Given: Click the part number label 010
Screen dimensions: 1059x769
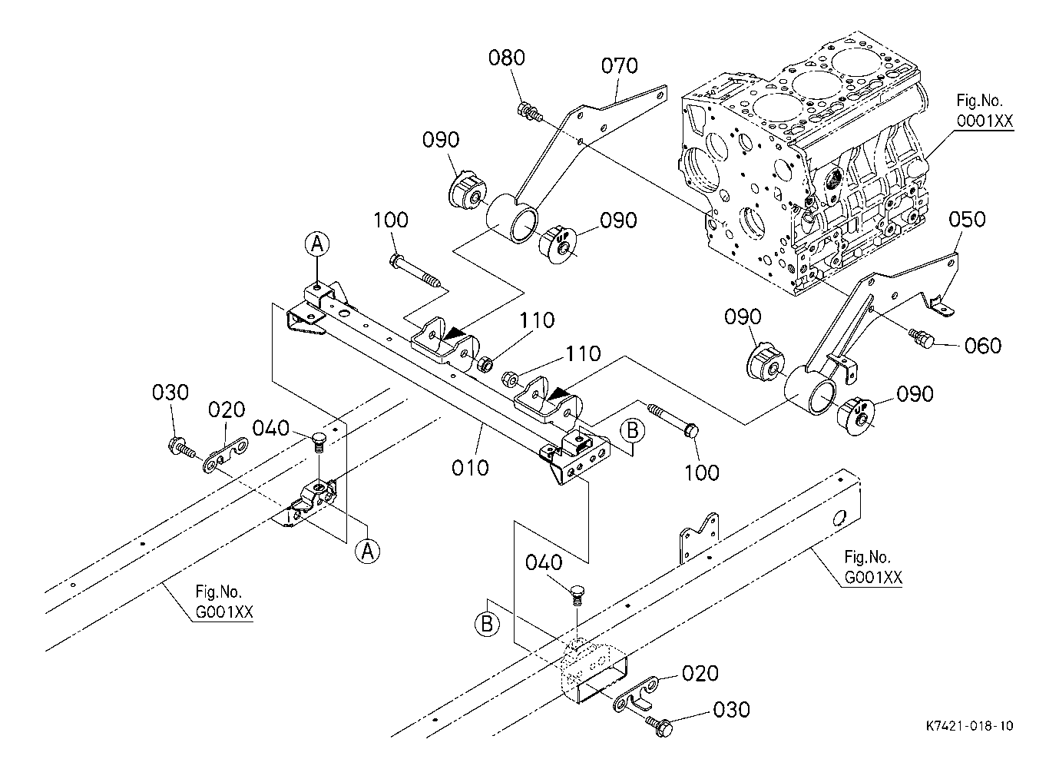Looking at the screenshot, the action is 470,468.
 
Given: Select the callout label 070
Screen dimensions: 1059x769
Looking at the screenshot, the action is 619,66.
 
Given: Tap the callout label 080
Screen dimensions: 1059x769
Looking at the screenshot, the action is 507,58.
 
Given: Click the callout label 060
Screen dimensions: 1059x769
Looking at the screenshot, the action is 983,346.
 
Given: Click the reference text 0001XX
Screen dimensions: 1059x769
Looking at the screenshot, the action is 985,121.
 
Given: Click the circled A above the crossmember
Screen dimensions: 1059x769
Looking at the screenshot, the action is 316,244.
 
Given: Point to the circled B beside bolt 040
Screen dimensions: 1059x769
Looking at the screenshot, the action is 486,624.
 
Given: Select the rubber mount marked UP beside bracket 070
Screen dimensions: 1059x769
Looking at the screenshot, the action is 557,245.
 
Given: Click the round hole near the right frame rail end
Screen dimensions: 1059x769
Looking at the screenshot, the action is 839,519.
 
